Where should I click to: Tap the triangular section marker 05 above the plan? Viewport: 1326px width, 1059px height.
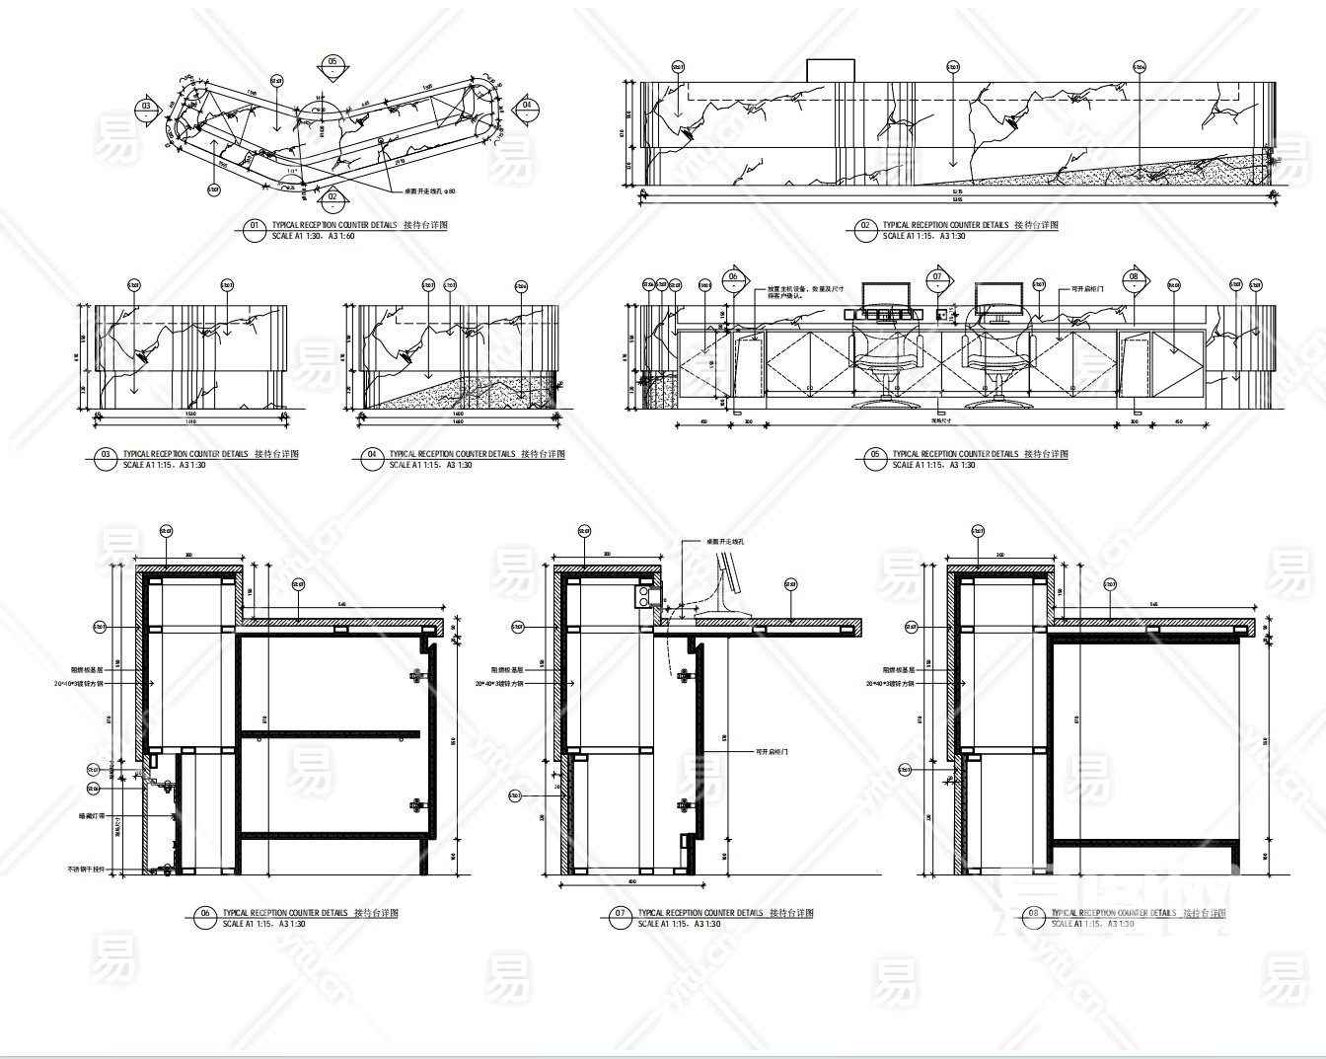pos(332,63)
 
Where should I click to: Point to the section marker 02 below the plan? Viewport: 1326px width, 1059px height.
pos(332,195)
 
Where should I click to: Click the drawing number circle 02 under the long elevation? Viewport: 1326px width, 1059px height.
pos(865,227)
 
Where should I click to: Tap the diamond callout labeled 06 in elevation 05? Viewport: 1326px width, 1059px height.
pos(733,278)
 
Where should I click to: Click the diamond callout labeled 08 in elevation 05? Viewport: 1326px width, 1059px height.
pos(1134,278)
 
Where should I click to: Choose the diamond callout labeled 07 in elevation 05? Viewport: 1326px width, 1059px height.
pos(936,278)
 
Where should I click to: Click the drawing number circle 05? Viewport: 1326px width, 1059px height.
pos(875,455)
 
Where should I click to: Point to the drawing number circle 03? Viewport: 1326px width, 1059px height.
pos(106,455)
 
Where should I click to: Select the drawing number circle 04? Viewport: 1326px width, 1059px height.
pos(372,455)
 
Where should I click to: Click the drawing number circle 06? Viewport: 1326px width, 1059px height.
pos(205,915)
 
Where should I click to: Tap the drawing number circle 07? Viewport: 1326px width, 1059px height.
pos(620,915)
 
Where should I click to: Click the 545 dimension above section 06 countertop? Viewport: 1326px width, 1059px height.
pos(340,603)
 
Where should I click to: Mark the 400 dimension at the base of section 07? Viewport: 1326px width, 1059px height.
pos(631,880)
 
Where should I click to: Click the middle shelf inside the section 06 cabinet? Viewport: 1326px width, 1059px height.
pos(330,733)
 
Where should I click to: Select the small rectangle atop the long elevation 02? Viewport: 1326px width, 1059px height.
pos(831,69)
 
